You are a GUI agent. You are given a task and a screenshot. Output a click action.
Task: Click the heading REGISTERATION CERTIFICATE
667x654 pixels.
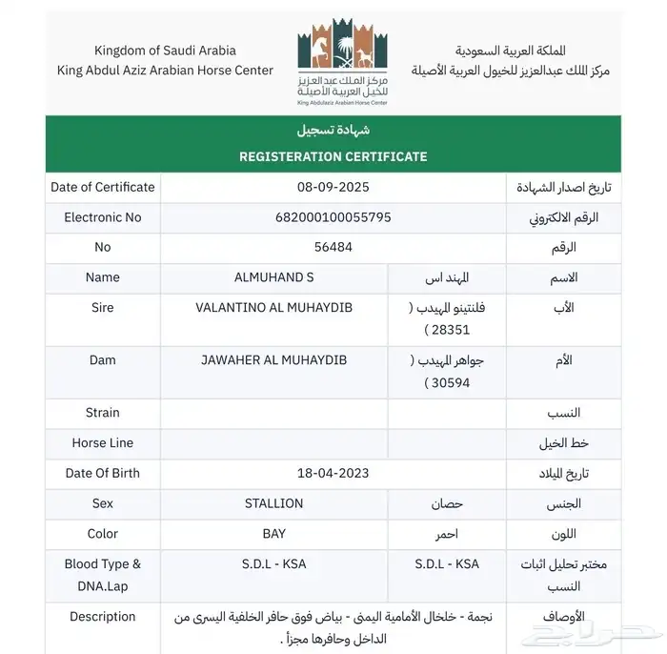click(x=333, y=156)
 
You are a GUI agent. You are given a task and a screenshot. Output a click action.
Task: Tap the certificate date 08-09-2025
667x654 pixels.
click(x=333, y=187)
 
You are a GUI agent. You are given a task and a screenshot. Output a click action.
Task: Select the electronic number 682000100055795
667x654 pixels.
click(x=333, y=217)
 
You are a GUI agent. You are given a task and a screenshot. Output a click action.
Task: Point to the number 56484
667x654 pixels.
click(x=333, y=247)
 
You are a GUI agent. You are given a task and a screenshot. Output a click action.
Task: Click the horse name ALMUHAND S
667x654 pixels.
click(x=273, y=277)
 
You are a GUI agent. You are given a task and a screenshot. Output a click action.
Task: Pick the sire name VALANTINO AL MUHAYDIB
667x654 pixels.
click(x=273, y=308)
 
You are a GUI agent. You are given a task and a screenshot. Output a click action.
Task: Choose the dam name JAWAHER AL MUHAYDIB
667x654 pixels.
click(x=273, y=360)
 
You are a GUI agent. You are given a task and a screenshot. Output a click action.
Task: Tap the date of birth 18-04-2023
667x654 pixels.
click(x=333, y=473)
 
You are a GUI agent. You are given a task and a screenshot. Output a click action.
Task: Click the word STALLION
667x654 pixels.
click(x=273, y=503)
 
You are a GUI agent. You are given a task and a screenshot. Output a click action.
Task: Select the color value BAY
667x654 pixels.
click(x=273, y=534)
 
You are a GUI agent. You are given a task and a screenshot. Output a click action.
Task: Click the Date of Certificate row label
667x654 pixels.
click(x=103, y=187)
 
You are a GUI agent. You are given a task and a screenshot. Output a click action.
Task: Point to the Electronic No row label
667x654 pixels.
click(x=103, y=217)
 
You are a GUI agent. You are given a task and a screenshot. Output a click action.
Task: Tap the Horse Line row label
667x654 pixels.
click(x=103, y=442)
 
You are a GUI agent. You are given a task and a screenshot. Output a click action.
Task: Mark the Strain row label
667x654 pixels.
click(x=103, y=413)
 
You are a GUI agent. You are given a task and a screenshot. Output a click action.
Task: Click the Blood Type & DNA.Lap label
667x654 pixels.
click(x=103, y=575)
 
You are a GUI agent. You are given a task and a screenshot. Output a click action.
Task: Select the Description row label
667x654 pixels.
click(x=103, y=617)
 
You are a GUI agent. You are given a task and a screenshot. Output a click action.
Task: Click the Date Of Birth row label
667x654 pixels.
click(x=103, y=473)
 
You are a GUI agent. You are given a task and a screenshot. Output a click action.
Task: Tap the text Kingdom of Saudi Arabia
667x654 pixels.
click(x=165, y=50)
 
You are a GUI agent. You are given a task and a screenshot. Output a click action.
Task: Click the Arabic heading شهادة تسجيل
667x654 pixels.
click(x=333, y=130)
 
